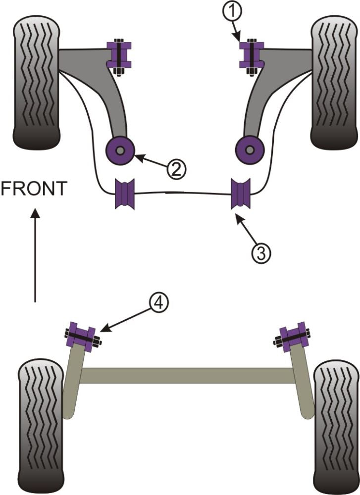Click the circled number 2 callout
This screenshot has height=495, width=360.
(176, 169)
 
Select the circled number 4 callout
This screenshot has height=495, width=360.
(158, 302)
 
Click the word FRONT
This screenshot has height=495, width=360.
(34, 189)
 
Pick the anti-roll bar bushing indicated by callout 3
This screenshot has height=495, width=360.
(242, 195)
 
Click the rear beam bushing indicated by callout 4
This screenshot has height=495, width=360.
(80, 336)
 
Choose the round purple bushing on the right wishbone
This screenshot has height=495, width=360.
(250, 148)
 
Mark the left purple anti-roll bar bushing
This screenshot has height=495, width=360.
(125, 194)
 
